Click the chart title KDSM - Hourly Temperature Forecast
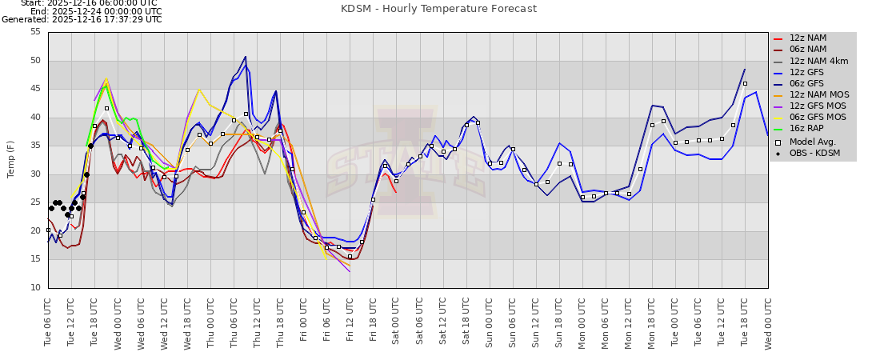tap(438, 9)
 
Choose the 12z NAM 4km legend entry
tap(817, 61)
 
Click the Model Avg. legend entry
tap(811, 141)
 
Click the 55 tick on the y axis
tap(34, 32)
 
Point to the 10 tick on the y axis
tap(34, 288)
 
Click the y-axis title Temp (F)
tap(11, 160)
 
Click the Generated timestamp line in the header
tap(82, 19)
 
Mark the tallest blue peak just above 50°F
tap(246, 57)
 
